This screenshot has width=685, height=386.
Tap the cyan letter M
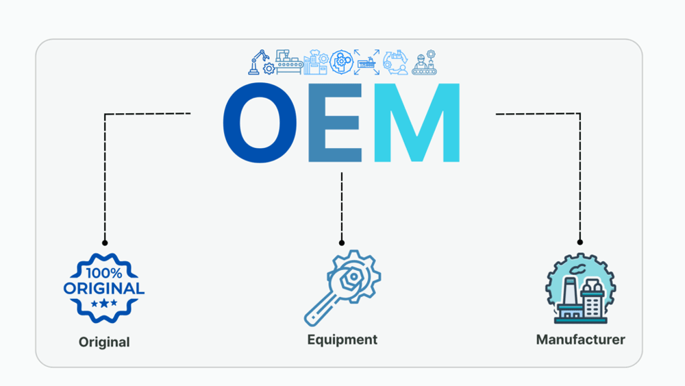(x=416, y=123)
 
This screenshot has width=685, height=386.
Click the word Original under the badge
(x=104, y=342)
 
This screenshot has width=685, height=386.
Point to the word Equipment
(x=342, y=339)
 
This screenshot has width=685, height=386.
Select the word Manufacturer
(x=580, y=339)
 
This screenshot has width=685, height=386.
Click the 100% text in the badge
(x=104, y=273)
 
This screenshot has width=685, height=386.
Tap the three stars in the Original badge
(x=104, y=303)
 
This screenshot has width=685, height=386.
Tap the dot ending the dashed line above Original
(x=105, y=243)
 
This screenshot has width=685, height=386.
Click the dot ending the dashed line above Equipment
(x=342, y=243)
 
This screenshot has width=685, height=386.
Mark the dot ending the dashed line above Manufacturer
(x=580, y=242)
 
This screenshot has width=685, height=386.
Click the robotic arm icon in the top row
(x=261, y=62)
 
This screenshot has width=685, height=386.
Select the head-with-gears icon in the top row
(x=341, y=62)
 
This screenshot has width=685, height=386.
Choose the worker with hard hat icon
(x=424, y=62)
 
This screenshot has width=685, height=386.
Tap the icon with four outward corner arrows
(x=366, y=62)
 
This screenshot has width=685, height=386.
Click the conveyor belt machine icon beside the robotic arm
(x=289, y=62)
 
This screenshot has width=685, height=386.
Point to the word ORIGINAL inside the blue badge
(x=104, y=289)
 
